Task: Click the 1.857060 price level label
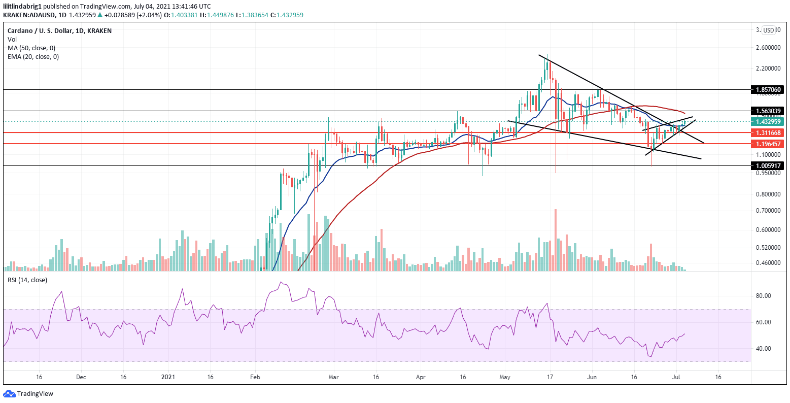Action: tap(769, 89)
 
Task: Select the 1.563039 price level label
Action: tap(769, 111)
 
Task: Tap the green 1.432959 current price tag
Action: tap(769, 122)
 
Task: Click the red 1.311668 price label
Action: tap(769, 133)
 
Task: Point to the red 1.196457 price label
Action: tap(769, 144)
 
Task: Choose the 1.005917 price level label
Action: tap(769, 165)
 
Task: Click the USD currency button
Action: tap(769, 30)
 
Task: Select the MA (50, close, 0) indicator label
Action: tap(31, 48)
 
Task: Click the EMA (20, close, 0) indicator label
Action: tap(33, 56)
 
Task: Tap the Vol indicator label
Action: tap(12, 39)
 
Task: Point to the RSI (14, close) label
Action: tap(27, 280)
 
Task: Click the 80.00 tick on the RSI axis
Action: tap(764, 296)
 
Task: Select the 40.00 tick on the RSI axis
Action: tap(764, 349)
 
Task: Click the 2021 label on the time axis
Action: tap(167, 378)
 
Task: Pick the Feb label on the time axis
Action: tap(255, 378)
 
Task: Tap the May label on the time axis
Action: tap(505, 378)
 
